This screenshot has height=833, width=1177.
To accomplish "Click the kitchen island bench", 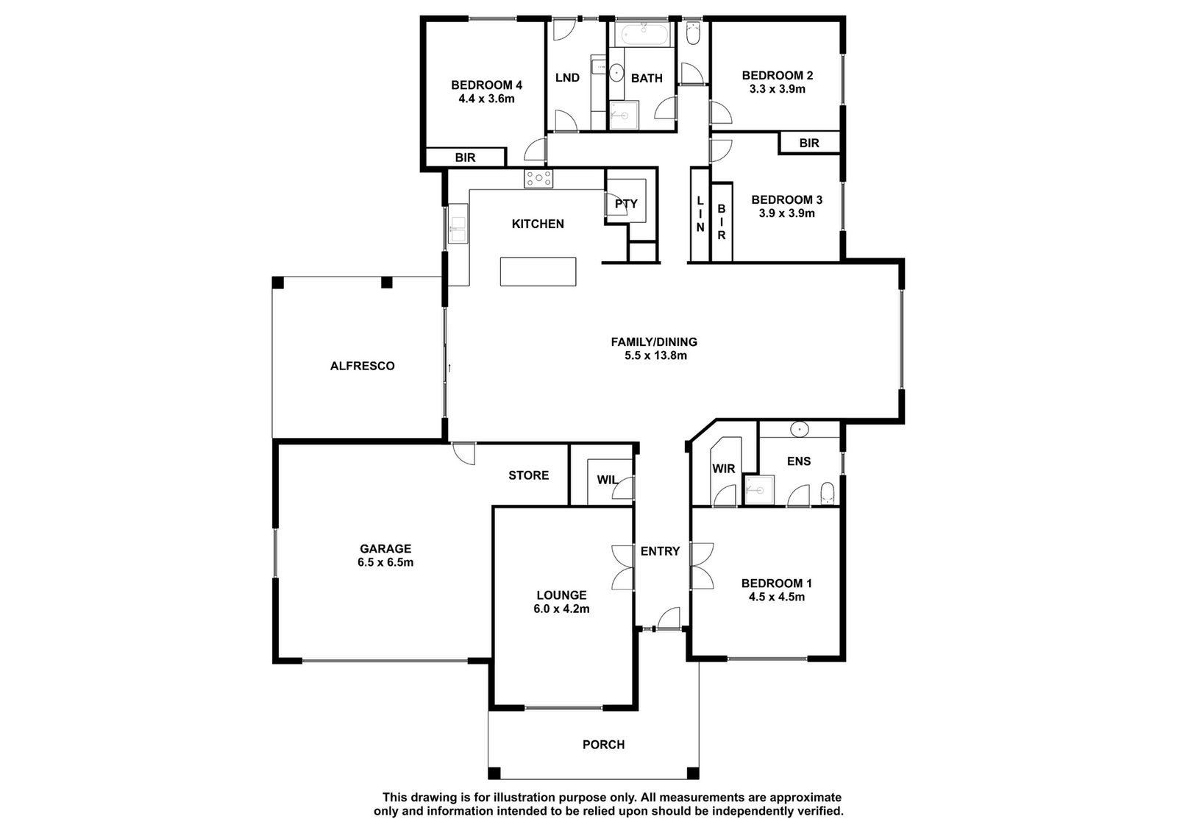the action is pyautogui.click(x=538, y=272).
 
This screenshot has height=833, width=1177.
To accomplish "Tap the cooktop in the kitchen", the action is pyautogui.click(x=538, y=179).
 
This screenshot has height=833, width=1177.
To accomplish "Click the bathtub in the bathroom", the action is pyautogui.click(x=644, y=35).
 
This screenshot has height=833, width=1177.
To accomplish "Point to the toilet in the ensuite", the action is pyautogui.click(x=827, y=493).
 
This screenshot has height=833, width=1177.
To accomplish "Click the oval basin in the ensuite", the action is pyautogui.click(x=800, y=429).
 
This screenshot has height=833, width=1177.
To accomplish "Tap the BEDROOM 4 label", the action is pyautogui.click(x=486, y=85).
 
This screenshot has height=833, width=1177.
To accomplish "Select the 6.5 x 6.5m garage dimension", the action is pyautogui.click(x=385, y=562).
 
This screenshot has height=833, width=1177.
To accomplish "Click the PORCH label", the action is pyautogui.click(x=603, y=745).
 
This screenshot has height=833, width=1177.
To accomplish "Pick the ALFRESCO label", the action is pyautogui.click(x=362, y=366).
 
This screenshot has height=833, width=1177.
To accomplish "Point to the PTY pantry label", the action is pyautogui.click(x=626, y=203).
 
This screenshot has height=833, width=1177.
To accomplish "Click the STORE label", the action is pyautogui.click(x=529, y=475).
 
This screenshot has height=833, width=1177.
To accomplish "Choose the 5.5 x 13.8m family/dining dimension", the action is pyautogui.click(x=655, y=355).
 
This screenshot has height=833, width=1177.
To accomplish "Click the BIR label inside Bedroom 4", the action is pyautogui.click(x=465, y=157).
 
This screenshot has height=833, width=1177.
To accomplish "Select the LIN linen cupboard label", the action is pyautogui.click(x=700, y=214).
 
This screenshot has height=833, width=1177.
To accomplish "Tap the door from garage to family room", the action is pyautogui.click(x=463, y=454).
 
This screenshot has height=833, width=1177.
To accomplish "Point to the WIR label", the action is pyautogui.click(x=724, y=468).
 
